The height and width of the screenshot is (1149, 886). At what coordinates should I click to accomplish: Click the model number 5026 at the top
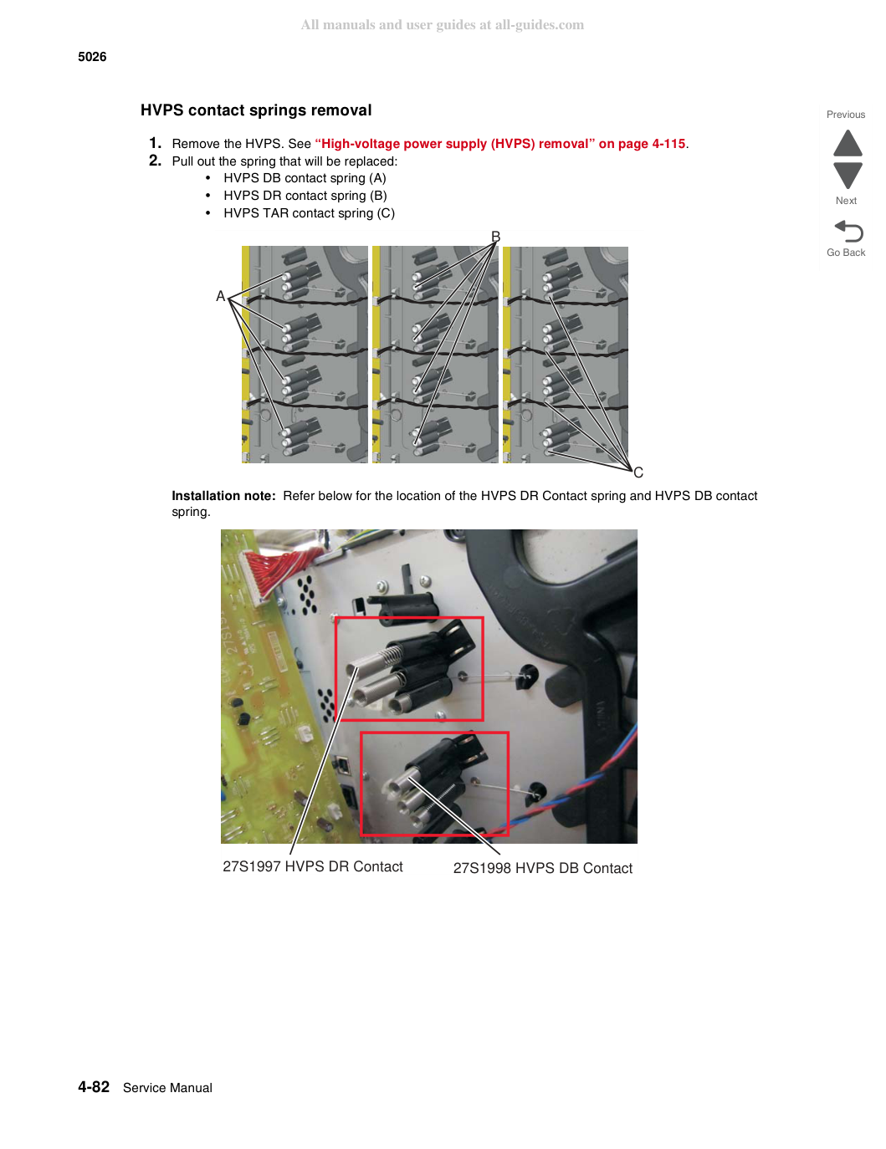pos(92,57)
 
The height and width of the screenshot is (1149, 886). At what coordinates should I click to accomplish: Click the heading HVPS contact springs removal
pos(256,110)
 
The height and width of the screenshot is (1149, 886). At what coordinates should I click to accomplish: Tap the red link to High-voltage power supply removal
pos(499,144)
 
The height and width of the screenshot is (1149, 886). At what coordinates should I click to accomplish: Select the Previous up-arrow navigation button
pos(848,143)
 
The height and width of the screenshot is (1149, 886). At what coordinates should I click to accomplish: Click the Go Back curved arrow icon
pos(848,231)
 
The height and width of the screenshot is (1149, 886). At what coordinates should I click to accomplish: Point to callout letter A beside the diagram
pos(221,296)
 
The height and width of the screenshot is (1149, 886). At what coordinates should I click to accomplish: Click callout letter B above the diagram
pos(495,237)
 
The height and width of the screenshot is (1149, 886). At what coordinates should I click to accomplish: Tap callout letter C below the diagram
pos(638,472)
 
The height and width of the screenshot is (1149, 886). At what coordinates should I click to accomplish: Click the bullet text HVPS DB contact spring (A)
pos(305,178)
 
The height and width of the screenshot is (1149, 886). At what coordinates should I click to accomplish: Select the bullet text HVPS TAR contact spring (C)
pos(309,213)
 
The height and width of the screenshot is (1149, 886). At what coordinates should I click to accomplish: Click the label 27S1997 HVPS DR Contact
pos(313,866)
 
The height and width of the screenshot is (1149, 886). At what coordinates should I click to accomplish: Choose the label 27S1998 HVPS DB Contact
pos(543,868)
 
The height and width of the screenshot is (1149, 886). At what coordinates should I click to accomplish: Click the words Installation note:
pos(223,496)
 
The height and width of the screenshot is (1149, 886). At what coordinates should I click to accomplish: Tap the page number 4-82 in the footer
pos(94,1087)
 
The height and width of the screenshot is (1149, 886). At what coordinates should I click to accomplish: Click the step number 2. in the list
pos(155,161)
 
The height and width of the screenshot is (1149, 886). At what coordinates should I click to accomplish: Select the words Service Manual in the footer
pos(167,1088)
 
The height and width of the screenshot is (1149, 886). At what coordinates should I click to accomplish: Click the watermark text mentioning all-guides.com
pos(443,25)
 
